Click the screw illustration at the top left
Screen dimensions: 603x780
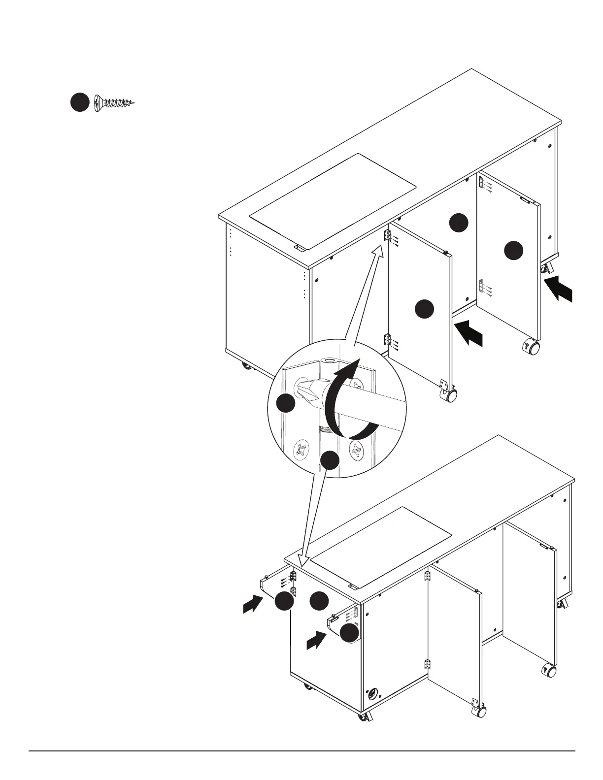[x=113, y=102]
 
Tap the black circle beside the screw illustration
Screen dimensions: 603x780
[x=79, y=102]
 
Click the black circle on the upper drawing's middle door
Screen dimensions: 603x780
[x=424, y=309]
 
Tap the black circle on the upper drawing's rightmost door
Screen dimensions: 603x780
[x=513, y=251]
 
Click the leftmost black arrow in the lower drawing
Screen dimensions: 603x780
[x=253, y=603]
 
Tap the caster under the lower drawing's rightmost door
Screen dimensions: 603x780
[x=548, y=670]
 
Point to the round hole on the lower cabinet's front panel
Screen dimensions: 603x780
[x=373, y=694]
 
